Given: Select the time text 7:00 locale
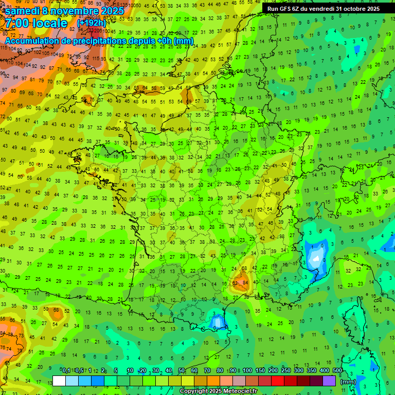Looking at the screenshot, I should tap(36, 23).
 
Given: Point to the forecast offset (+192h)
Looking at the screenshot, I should tap(91, 23).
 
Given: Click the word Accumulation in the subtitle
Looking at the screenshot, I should tap(32, 41).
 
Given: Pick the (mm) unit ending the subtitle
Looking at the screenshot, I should tap(184, 41).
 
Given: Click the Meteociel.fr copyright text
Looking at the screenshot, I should tap(218, 391).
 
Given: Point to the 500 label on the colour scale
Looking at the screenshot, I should tap(337, 371).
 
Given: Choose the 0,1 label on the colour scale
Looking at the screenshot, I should tap(66, 371).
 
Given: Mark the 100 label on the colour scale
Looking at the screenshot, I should tap(247, 371).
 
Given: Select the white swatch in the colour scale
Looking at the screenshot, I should tap(59, 381).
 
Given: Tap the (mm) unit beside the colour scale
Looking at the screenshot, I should tap(348, 382).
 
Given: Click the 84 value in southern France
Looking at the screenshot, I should tap(245, 282).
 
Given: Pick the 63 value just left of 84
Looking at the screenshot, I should tap(236, 282).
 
